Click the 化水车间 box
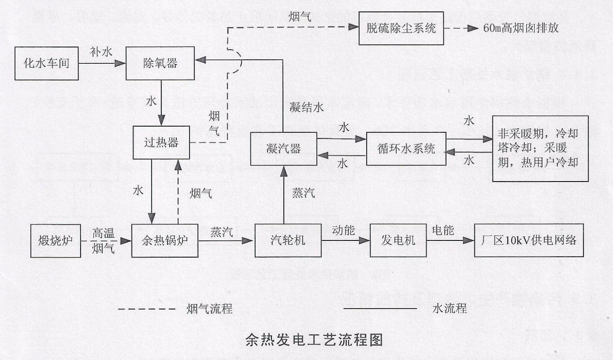click(47, 63)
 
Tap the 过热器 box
click(161, 142)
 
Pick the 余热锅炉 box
click(165, 240)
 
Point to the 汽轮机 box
click(288, 240)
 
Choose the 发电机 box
click(398, 240)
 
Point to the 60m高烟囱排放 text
click(522, 28)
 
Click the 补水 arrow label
click(101, 51)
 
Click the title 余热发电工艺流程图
click(314, 340)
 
